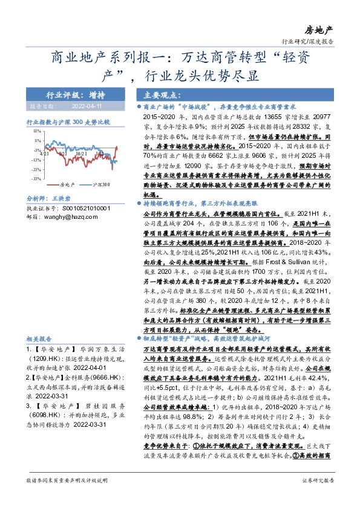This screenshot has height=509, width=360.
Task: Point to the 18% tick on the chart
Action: click(x=37, y=131)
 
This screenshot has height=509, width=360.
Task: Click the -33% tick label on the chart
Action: click(x=36, y=179)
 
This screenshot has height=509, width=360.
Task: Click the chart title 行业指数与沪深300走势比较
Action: click(x=67, y=122)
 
